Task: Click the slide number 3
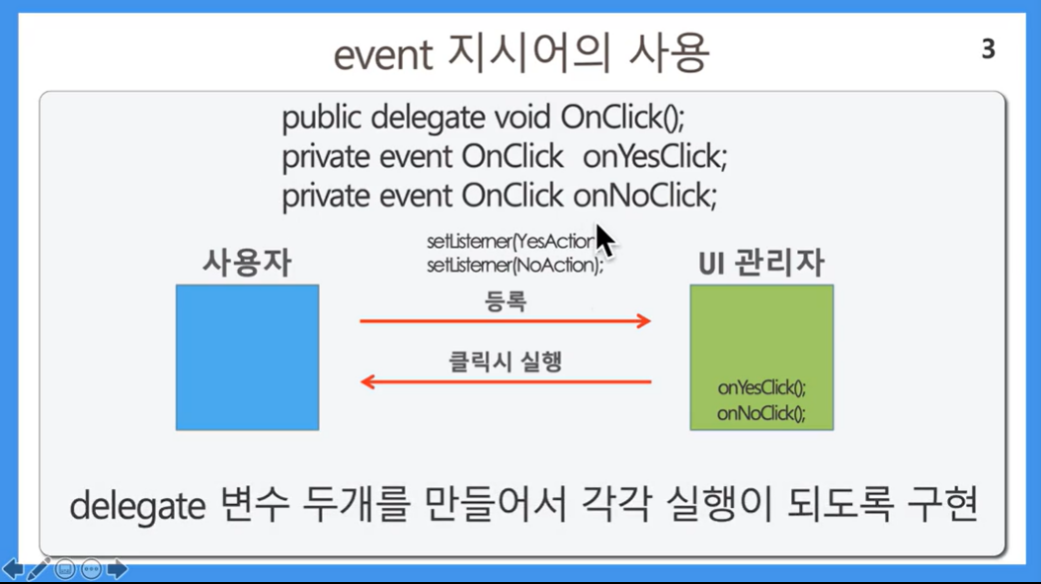tap(988, 49)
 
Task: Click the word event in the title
tap(383, 55)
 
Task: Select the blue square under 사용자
tap(248, 358)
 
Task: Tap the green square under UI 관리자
tap(761, 358)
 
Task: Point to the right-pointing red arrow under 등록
tap(506, 321)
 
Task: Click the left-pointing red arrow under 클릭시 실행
tap(506, 382)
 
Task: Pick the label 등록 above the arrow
tap(506, 301)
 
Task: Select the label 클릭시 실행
tap(506, 362)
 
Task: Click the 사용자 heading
tap(247, 263)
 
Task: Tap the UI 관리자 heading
tap(761, 263)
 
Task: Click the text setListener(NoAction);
tap(516, 265)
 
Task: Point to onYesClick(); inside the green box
tap(761, 388)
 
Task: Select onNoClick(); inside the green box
tap(761, 413)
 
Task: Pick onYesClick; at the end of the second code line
tap(655, 157)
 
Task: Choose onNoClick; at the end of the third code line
tap(645, 197)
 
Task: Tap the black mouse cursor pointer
tap(603, 239)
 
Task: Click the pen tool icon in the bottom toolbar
tap(38, 569)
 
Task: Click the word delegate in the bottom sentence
tap(137, 506)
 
